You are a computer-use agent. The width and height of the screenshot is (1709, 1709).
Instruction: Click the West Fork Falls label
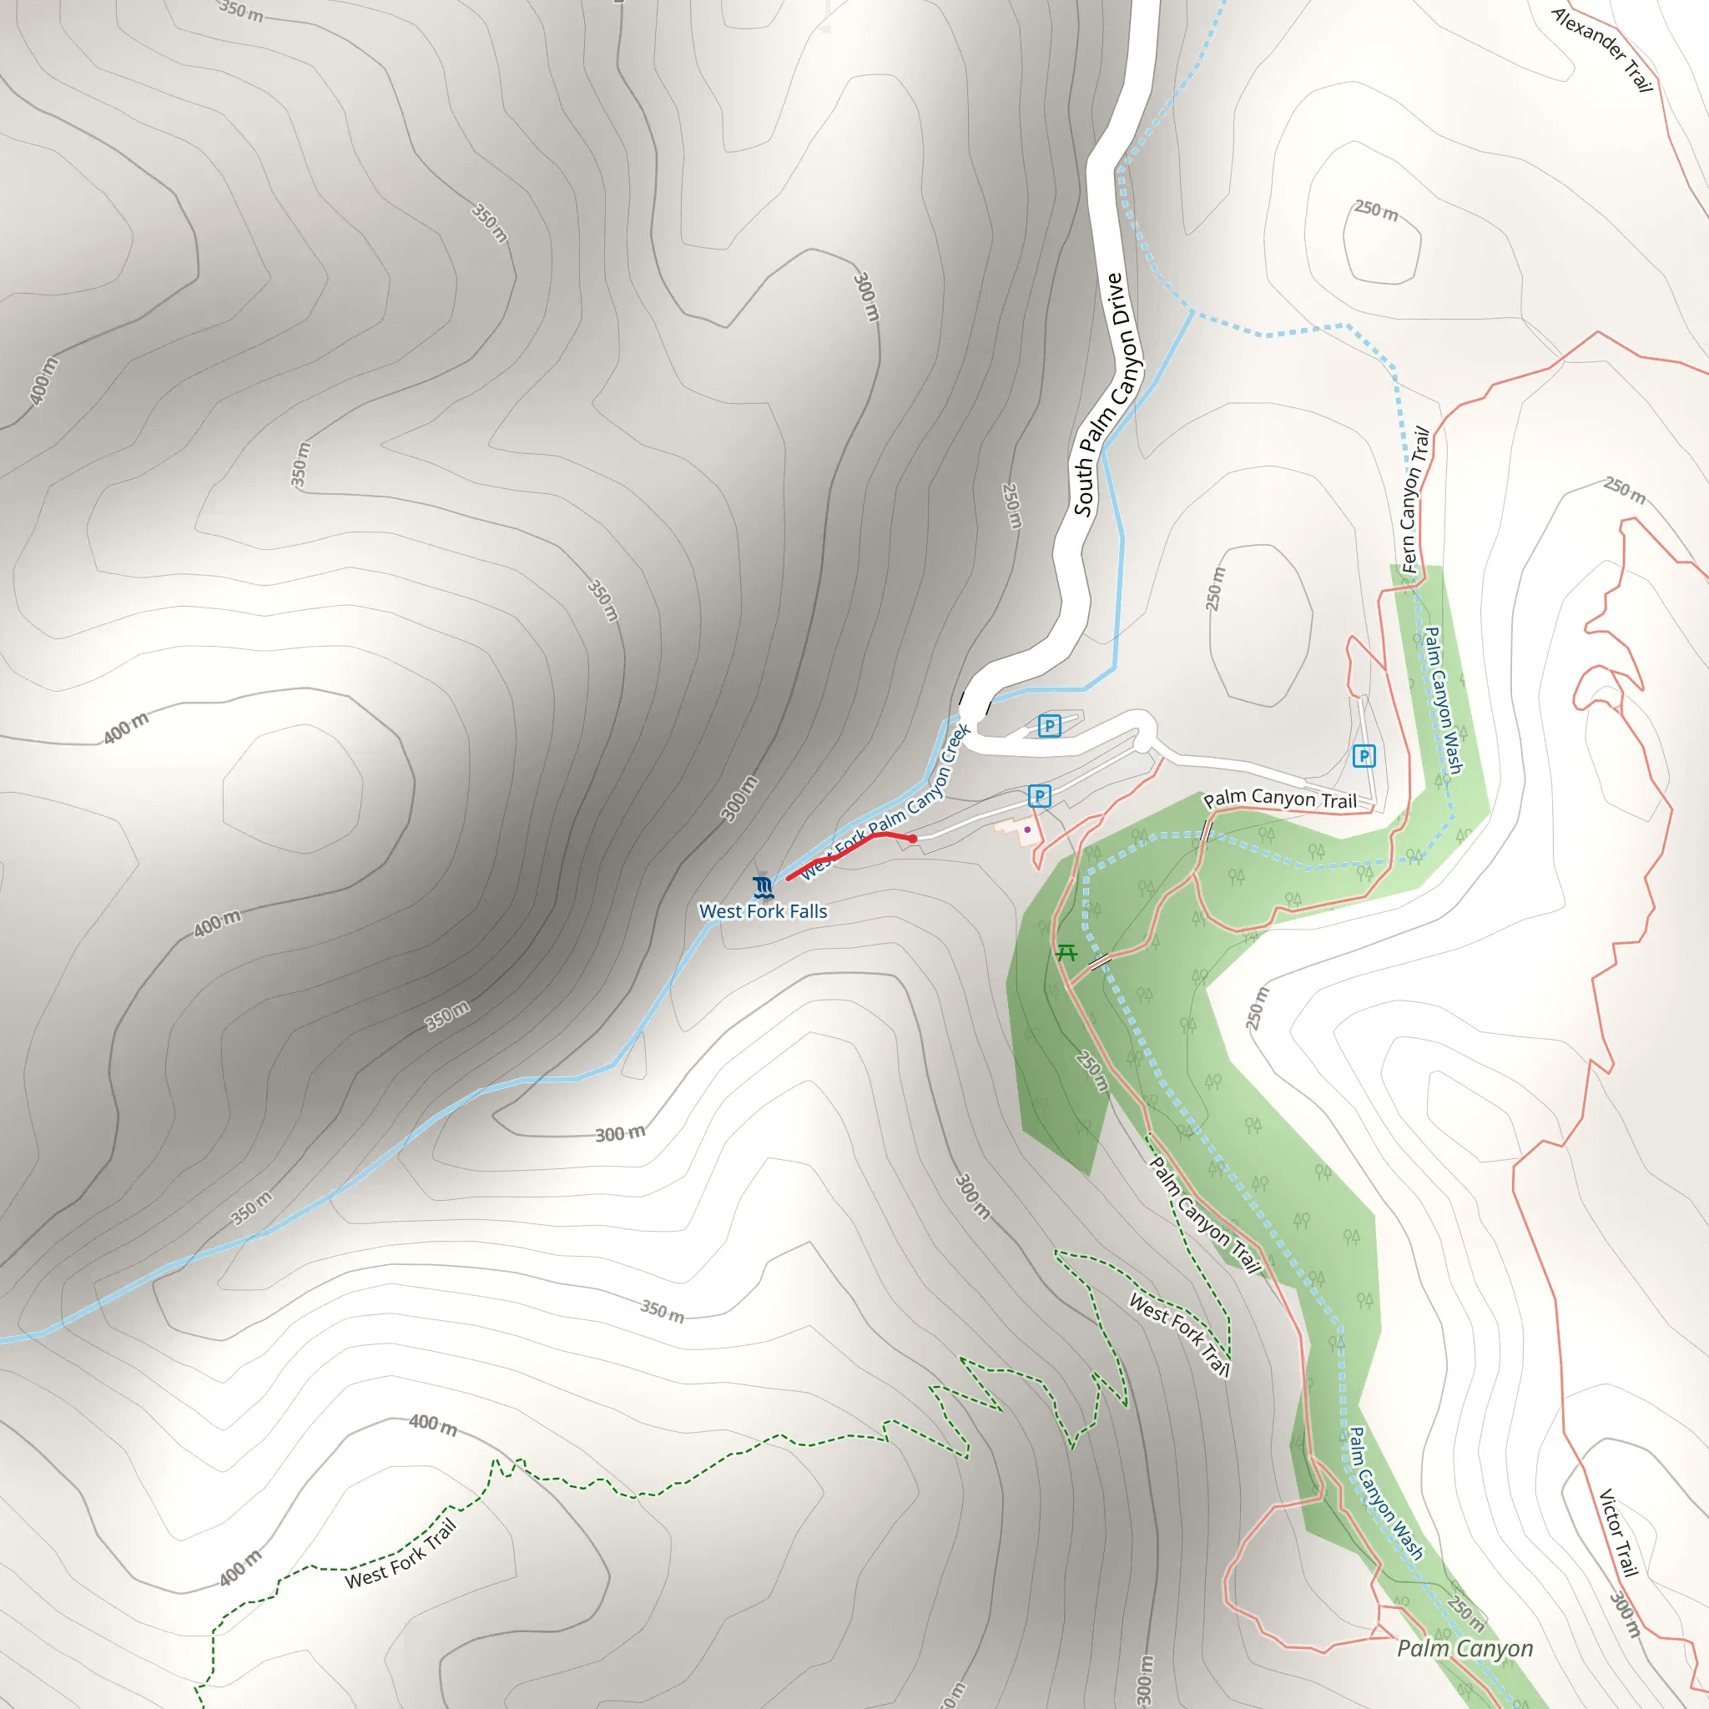(x=763, y=911)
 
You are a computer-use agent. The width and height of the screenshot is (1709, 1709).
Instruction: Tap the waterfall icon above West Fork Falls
(x=763, y=886)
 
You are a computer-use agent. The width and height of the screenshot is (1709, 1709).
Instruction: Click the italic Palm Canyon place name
(x=1464, y=1648)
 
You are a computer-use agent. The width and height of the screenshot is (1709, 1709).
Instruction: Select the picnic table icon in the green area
(x=1066, y=953)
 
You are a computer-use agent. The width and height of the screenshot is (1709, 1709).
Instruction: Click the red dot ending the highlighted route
(x=913, y=839)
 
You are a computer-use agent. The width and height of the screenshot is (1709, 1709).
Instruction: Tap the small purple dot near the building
(x=1027, y=829)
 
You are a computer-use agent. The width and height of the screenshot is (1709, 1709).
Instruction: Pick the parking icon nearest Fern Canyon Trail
(x=1364, y=755)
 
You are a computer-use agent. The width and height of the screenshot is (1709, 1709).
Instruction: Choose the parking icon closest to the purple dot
(x=1040, y=796)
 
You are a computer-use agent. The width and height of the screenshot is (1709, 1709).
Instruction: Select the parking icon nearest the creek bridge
(x=1049, y=726)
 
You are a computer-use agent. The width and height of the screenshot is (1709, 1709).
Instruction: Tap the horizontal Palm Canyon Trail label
(x=1279, y=799)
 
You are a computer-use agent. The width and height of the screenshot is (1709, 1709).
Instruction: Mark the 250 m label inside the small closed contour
(x=1375, y=210)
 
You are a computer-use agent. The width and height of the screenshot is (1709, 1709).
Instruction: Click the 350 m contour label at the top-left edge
(x=240, y=11)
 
